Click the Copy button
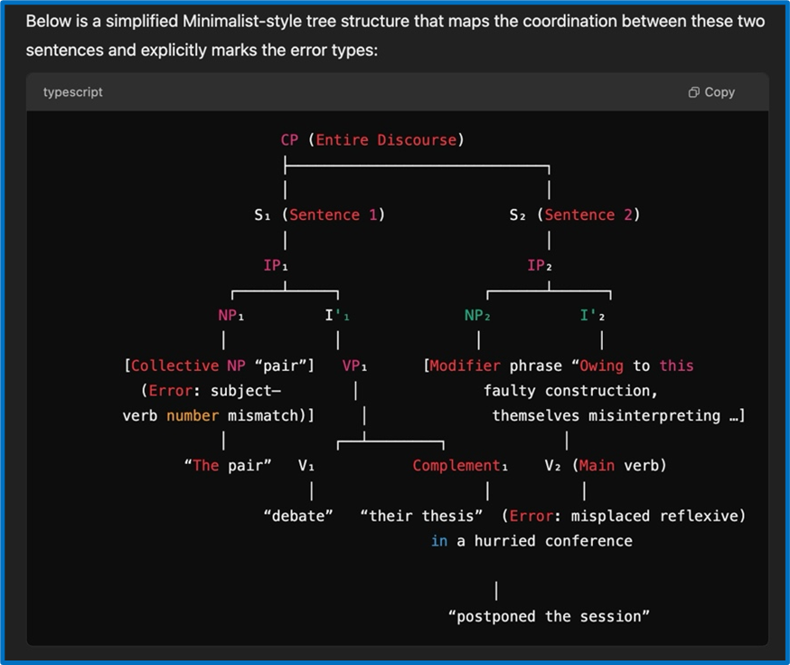(x=711, y=92)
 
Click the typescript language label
(x=72, y=92)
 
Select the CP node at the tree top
(x=290, y=139)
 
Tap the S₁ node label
(x=262, y=215)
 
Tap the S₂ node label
(x=517, y=215)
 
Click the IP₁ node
(x=276, y=265)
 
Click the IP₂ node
(x=540, y=265)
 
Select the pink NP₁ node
(x=230, y=316)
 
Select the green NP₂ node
(x=477, y=316)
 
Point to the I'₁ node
(x=337, y=316)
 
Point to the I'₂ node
(x=593, y=316)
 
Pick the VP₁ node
(x=354, y=366)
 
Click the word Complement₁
(x=460, y=466)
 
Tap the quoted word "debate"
(x=298, y=516)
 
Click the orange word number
(x=193, y=416)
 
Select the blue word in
(x=438, y=541)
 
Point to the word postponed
(x=495, y=617)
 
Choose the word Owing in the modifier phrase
(x=601, y=366)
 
